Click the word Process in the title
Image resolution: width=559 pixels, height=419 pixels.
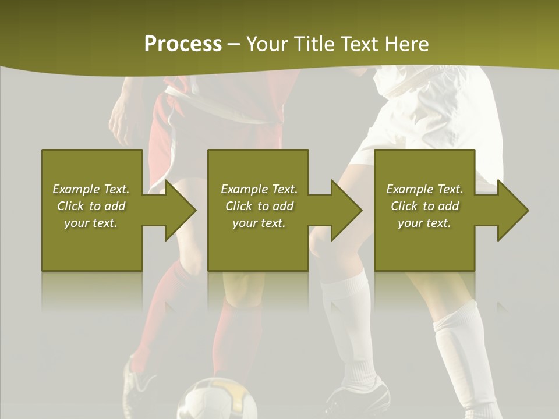pyautogui.click(x=183, y=44)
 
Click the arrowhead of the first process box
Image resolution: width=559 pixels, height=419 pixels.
pyautogui.click(x=180, y=210)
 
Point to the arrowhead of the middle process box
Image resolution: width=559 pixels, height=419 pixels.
pyautogui.click(x=346, y=210)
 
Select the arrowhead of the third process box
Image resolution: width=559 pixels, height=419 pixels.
pyautogui.click(x=512, y=210)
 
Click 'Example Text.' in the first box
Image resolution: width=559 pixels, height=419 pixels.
pyautogui.click(x=91, y=189)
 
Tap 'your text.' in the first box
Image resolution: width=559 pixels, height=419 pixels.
pyautogui.click(x=91, y=223)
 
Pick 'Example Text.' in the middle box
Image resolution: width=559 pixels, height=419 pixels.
pyautogui.click(x=259, y=189)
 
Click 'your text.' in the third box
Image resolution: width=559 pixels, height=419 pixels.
pyautogui.click(x=424, y=223)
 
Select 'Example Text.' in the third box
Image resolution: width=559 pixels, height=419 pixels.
pyautogui.click(x=424, y=189)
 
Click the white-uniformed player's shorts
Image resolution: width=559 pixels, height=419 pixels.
pyautogui.click(x=431, y=122)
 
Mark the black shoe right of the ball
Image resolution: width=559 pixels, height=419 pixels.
pyautogui.click(x=361, y=396)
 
